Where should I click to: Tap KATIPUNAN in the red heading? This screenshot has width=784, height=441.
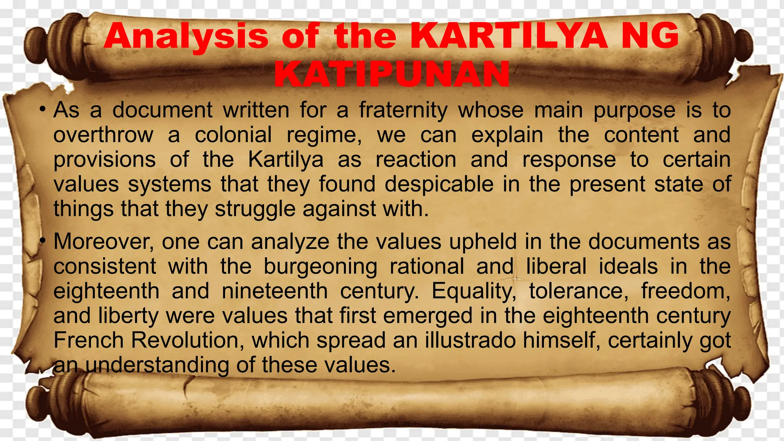click(392, 74)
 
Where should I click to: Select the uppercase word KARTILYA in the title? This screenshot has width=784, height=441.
click(509, 36)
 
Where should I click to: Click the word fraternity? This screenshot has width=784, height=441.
click(403, 111)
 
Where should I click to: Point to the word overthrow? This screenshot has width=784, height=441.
click(103, 135)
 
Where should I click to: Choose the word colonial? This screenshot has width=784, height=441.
click(234, 135)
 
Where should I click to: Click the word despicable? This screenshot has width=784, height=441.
click(439, 184)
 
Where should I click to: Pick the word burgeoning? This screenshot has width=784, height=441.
click(320, 266)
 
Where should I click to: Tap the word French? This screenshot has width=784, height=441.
click(88, 340)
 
